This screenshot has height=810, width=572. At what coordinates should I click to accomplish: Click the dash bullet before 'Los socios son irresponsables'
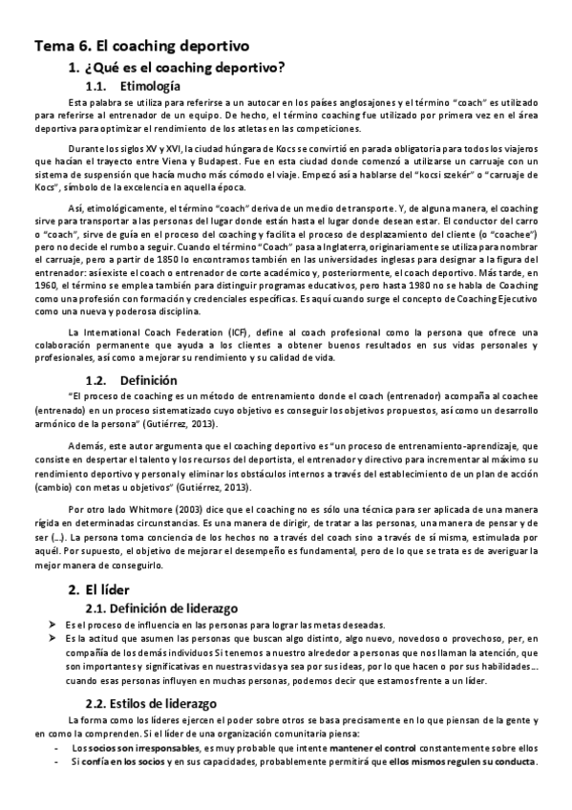tap(58, 749)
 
